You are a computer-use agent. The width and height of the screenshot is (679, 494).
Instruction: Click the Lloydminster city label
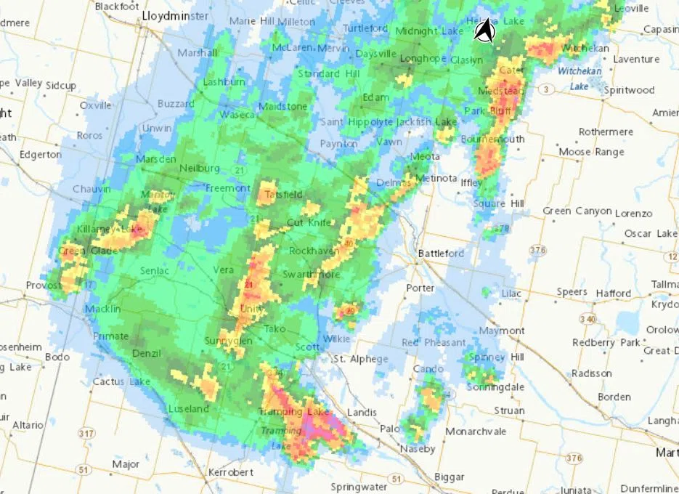click(x=176, y=15)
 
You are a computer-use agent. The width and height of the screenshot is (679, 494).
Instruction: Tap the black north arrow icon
click(x=484, y=31)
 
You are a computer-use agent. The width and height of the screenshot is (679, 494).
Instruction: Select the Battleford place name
click(x=441, y=254)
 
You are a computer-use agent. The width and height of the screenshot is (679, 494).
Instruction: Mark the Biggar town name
click(x=449, y=477)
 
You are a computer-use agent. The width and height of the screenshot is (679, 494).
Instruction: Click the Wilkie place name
click(x=336, y=339)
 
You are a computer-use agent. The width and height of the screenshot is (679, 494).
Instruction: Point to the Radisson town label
click(x=591, y=373)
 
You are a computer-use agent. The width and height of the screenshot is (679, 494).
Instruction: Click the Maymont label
click(x=502, y=331)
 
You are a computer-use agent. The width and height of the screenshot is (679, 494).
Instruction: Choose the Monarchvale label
click(x=476, y=432)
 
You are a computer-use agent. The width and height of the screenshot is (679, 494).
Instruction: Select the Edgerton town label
click(x=41, y=155)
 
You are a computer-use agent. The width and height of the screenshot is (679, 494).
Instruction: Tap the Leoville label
click(x=630, y=8)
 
